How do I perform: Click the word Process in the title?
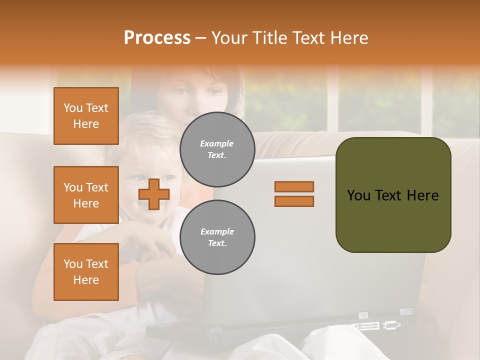click(157, 38)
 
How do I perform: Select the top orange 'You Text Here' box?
click(86, 116)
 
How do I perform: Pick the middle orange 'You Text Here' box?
click(86, 195)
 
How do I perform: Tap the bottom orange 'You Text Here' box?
click(86, 272)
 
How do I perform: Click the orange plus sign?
click(154, 194)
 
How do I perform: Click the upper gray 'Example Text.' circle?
click(217, 149)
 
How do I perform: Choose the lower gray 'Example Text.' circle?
click(217, 237)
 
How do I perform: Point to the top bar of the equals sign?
click(294, 186)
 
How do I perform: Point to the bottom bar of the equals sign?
click(294, 201)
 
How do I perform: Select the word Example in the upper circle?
click(217, 143)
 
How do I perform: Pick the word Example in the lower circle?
click(217, 231)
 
